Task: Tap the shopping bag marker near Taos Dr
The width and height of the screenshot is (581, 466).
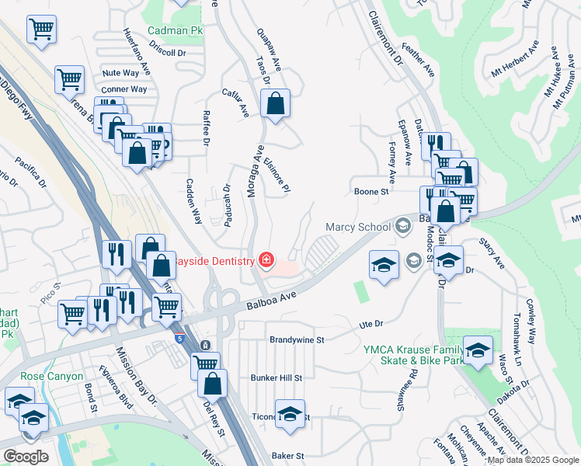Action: click(275, 104)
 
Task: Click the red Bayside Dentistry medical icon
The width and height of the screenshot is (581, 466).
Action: click(266, 259)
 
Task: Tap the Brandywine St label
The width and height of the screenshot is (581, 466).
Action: click(296, 339)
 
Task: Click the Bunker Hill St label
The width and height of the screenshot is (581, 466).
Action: click(276, 377)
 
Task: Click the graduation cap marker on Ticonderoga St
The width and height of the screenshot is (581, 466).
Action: click(290, 415)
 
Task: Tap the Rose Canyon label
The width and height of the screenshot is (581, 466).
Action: click(51, 376)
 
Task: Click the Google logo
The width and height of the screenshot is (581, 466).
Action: click(26, 456)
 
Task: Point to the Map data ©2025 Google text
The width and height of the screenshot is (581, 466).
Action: click(533, 460)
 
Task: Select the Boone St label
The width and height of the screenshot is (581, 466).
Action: click(371, 191)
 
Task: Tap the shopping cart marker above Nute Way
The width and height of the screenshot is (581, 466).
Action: click(69, 78)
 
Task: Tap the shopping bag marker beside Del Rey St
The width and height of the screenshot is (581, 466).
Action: click(212, 382)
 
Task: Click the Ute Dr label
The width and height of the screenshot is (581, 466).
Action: click(371, 323)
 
